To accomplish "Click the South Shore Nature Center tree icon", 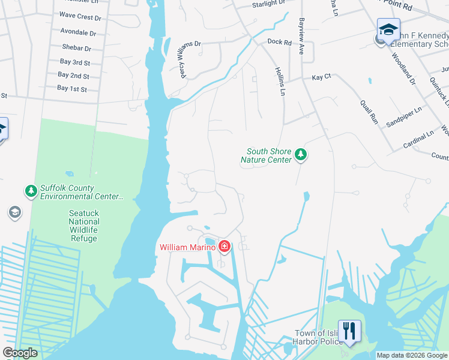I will coord(301,155).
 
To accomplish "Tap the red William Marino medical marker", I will coord(224,245).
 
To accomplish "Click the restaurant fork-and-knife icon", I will coord(349,330).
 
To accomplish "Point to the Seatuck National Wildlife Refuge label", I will coord(83,221).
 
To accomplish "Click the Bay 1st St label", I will coord(72,89).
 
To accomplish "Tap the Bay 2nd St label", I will coord(73,76).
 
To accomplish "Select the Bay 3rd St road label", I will coord(74,62).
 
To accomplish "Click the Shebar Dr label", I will coord(76,48).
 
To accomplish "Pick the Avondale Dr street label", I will coord(78,33).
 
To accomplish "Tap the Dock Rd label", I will coord(279,43).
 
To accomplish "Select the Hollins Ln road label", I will coord(279,82).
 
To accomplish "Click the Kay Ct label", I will coord(321,77).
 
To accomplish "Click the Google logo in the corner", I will coord(20,353).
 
